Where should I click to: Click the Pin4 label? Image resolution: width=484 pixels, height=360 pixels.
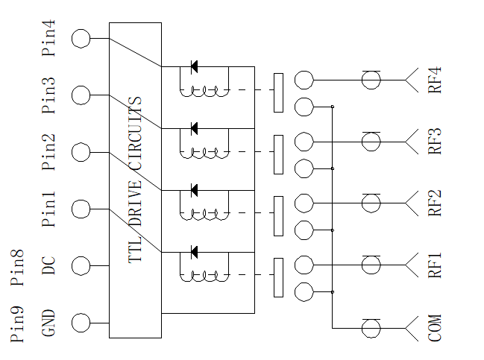pos(48,38)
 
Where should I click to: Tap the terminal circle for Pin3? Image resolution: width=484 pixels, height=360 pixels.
pos(81,95)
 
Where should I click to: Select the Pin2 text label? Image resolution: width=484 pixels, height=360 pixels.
pos(48,152)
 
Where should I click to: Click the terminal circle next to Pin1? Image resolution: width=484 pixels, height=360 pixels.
pos(81,209)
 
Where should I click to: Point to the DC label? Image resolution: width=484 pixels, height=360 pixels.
pos(48,265)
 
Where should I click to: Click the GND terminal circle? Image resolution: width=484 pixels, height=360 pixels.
pos(81,323)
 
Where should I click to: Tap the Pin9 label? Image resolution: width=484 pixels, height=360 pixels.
pos(17,324)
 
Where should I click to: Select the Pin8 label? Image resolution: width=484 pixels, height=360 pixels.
pos(17,267)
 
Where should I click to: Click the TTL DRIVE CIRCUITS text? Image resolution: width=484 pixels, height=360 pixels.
pos(135,180)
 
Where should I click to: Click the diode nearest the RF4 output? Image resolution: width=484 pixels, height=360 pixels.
pos(194,66)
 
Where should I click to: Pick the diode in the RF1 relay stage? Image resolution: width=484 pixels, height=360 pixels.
pos(194,253)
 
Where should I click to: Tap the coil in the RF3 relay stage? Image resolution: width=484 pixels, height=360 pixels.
pos(204,153)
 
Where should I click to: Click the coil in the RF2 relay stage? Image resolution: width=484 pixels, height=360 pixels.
pos(204,215)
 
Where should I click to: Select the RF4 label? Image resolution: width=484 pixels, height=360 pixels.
pos(435,80)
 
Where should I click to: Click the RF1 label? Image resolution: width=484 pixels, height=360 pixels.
pos(435,265)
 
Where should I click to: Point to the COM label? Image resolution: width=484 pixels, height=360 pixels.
pos(435,328)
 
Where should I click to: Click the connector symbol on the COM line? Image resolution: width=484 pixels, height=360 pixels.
pos(371,328)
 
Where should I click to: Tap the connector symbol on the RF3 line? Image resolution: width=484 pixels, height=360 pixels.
pos(371,142)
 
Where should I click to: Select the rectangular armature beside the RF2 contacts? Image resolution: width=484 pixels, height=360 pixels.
pos(278,216)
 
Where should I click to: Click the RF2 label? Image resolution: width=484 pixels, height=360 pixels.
pos(435,203)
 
